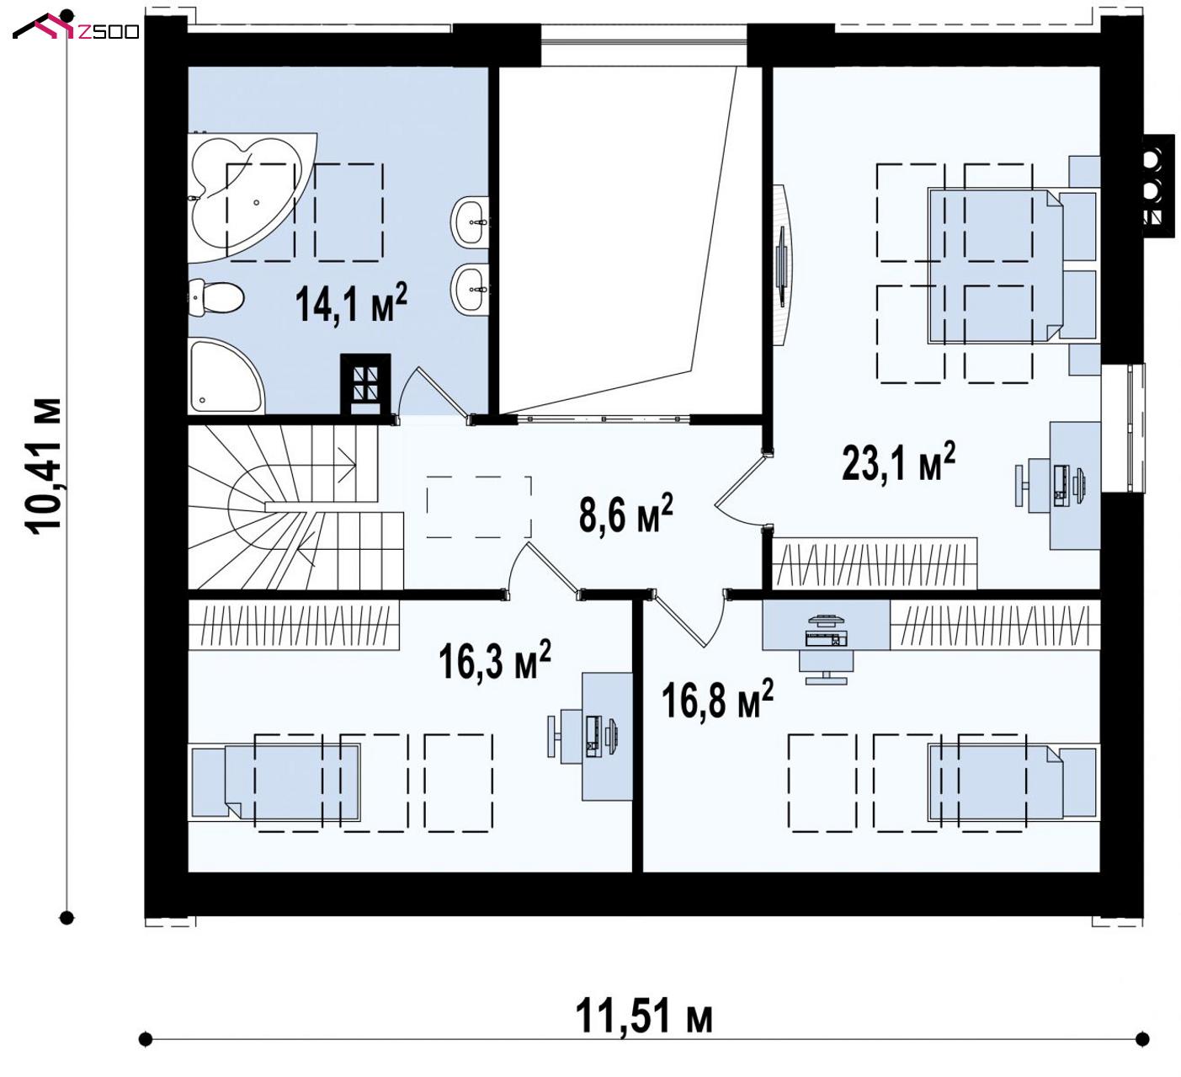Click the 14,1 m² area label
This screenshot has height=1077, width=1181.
point(351,303)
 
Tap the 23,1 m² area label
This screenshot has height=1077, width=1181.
point(898,461)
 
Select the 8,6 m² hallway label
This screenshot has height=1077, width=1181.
point(625,513)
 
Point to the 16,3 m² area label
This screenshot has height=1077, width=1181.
point(494,659)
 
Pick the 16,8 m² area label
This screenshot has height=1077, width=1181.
point(717,699)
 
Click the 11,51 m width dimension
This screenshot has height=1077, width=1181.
point(643,1016)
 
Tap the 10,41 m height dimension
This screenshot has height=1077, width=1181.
point(44,466)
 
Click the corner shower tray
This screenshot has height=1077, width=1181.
point(226,376)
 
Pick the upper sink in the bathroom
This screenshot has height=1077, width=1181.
point(471,221)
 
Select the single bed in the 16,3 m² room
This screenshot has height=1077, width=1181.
point(275,782)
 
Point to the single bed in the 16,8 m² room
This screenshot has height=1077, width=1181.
point(1013,782)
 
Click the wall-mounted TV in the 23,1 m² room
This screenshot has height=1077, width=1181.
point(783,265)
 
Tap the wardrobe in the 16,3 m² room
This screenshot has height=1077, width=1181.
point(294,625)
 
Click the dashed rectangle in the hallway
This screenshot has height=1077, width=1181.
point(479,507)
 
